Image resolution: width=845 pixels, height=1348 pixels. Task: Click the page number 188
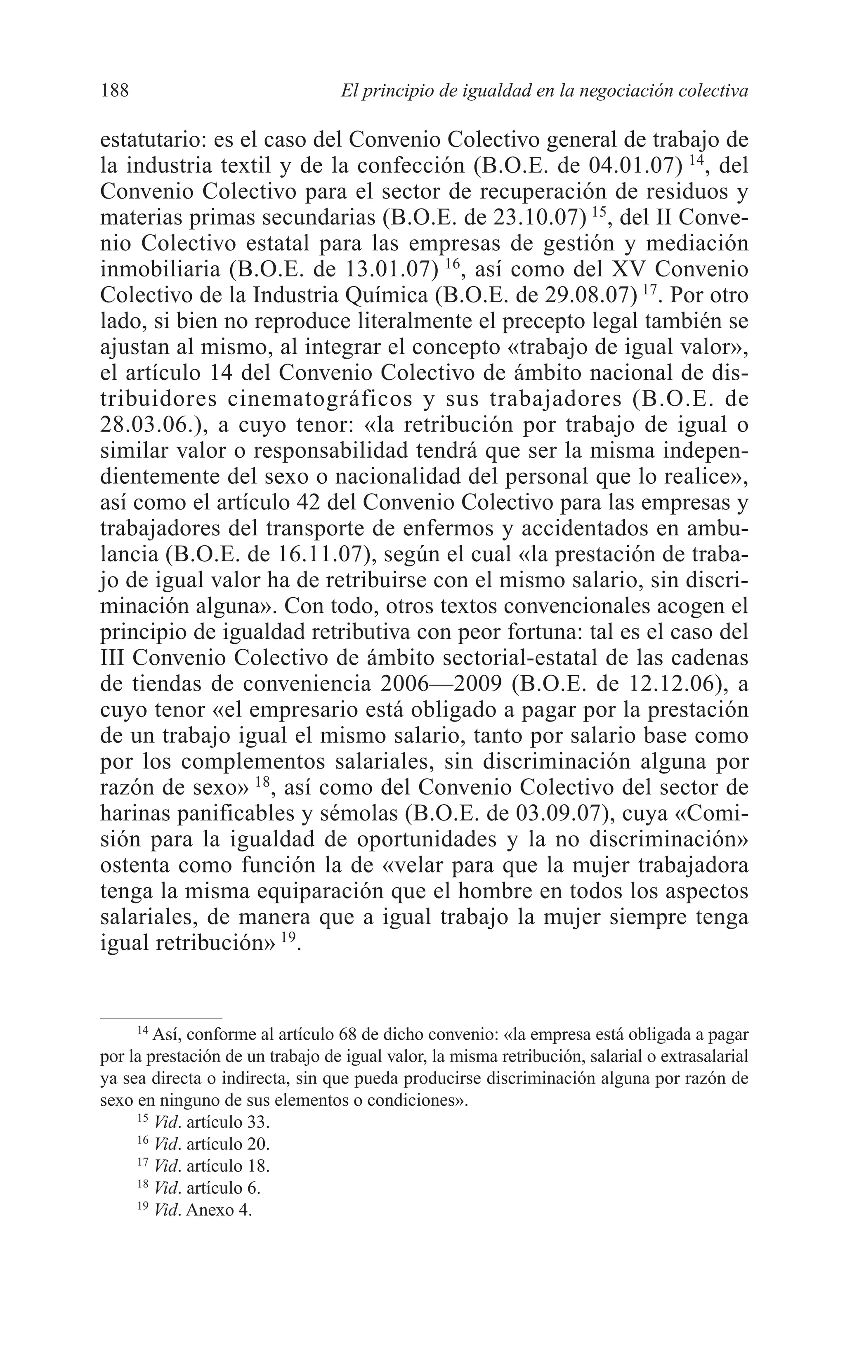pyautogui.click(x=115, y=90)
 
